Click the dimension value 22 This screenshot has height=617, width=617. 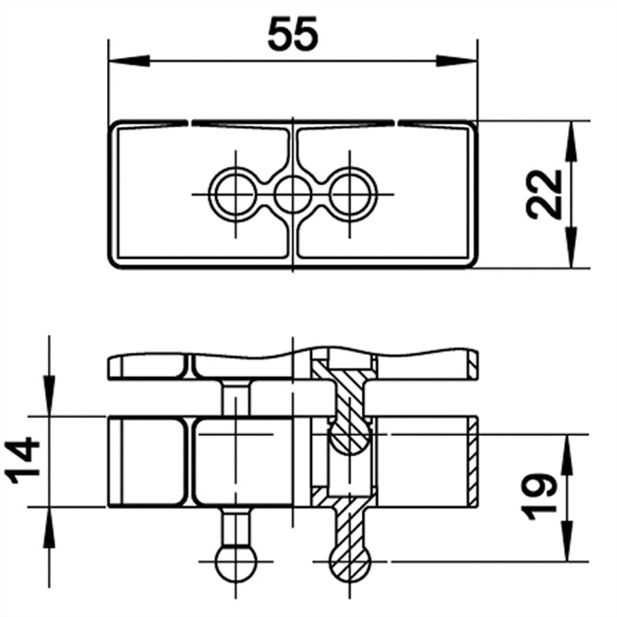click(544, 195)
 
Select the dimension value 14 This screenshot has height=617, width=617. click(23, 460)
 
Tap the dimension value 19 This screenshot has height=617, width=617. click(538, 497)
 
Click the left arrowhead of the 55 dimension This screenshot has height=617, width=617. click(129, 60)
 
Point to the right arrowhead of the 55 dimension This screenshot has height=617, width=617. click(457, 60)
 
